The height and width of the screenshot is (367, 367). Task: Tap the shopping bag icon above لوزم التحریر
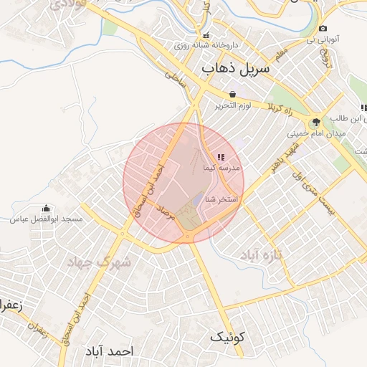pos(232,94)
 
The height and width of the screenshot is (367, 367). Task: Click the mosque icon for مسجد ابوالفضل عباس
pos(47,208)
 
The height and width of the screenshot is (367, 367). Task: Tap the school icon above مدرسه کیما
pos(221,157)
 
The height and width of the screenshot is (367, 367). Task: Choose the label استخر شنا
pos(221,199)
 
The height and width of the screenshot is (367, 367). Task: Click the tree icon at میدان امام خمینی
pos(316,122)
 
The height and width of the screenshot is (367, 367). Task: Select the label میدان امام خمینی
pos(317,133)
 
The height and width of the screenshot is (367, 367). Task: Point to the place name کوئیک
pos(227,336)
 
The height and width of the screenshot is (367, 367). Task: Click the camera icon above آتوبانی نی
pos(322,29)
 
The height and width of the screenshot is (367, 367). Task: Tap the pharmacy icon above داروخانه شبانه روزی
pos(206,35)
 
